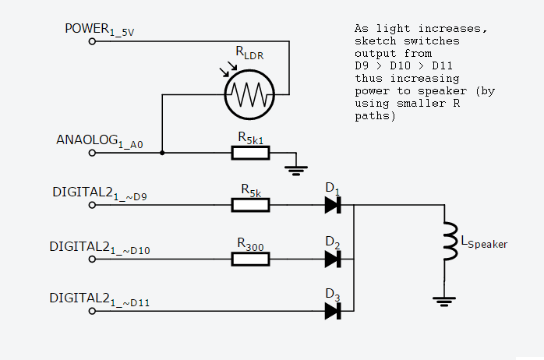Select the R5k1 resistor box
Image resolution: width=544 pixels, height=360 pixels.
point(250,153)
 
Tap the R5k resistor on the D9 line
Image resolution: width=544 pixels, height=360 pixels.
point(250,205)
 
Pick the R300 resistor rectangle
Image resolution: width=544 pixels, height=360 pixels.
point(250,258)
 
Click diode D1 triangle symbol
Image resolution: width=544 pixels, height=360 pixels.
point(333,205)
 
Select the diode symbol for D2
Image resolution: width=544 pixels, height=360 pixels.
point(333,258)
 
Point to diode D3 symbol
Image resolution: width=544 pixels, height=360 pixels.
point(333,311)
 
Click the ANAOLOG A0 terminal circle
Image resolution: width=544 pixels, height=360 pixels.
point(93,153)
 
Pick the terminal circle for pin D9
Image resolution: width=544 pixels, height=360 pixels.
point(93,205)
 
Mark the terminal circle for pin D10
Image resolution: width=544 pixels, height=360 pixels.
point(93,258)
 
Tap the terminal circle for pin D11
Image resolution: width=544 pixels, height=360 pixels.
point(93,311)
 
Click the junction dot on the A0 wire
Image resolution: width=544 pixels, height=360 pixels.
point(162,153)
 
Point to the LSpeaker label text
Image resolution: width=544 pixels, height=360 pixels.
point(484,243)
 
